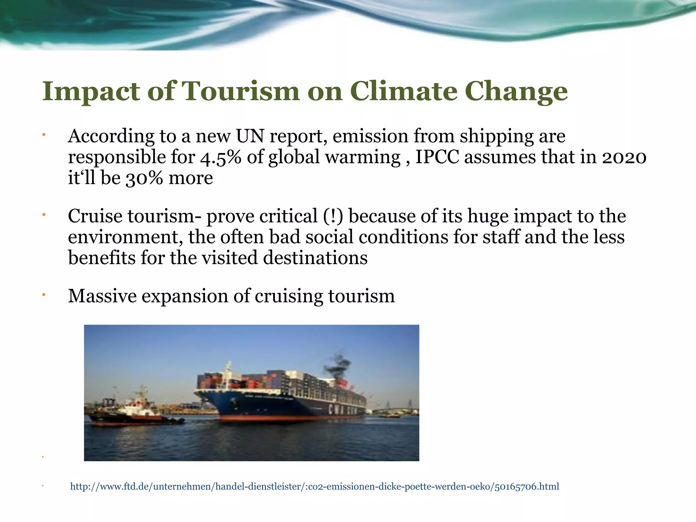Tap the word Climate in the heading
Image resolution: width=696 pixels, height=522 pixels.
point(404,91)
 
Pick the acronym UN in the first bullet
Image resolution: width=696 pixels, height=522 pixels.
point(250,136)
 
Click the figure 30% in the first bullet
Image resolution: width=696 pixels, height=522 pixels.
point(144,178)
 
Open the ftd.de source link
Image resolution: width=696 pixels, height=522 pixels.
point(314,487)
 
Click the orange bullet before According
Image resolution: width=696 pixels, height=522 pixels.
point(43,136)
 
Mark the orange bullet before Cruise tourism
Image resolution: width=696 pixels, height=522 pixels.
point(43,215)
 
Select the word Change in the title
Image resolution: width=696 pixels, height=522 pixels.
point(516,91)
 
